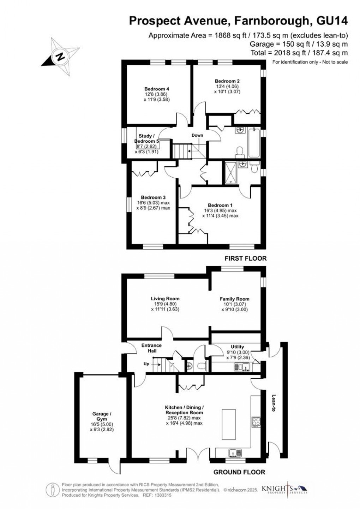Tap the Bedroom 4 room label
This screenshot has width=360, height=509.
coord(154,89)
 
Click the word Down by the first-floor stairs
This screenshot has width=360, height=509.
coord(197,135)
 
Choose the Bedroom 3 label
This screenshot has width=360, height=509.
coord(153,197)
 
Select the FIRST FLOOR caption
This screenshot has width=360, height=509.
coord(245,258)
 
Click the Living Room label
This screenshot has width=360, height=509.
coord(165,299)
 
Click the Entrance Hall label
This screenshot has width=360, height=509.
coord(151,348)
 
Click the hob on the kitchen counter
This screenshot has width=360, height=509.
coord(256,422)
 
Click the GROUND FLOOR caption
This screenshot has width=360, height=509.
coord(239,472)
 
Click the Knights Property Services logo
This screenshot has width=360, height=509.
coord(284,489)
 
